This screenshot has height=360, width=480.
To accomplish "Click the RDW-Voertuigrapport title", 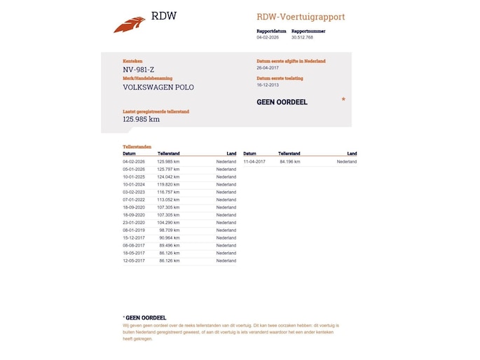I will tap(301, 17).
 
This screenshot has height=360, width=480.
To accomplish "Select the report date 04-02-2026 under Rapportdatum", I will tap(268, 37).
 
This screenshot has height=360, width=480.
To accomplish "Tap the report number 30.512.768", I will tap(303, 37).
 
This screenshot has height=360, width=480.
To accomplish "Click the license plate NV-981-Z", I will tap(138, 69).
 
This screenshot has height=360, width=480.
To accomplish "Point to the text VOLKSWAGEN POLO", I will tap(158, 88).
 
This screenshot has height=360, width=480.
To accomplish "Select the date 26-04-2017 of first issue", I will tap(268, 68).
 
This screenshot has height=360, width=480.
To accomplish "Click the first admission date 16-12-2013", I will tap(268, 85).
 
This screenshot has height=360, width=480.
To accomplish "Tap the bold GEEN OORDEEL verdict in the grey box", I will tap(282, 102).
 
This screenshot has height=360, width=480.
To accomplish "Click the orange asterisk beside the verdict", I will tap(343, 101).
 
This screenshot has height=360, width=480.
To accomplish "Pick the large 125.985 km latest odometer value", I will tap(141, 119).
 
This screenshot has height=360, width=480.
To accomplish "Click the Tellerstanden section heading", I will tap(137, 147).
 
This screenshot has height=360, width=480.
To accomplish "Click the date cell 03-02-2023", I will tap(133, 192).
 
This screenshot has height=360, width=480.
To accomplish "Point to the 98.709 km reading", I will tap(170, 230).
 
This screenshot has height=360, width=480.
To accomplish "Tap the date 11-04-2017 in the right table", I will tap(254, 162).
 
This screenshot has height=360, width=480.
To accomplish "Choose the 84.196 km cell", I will tap(289, 162).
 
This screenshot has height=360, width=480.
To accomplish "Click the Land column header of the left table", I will tap(231, 153).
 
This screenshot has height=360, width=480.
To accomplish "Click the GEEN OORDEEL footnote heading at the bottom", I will tap(145, 318).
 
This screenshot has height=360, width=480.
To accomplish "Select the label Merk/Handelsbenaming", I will tap(147, 78).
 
